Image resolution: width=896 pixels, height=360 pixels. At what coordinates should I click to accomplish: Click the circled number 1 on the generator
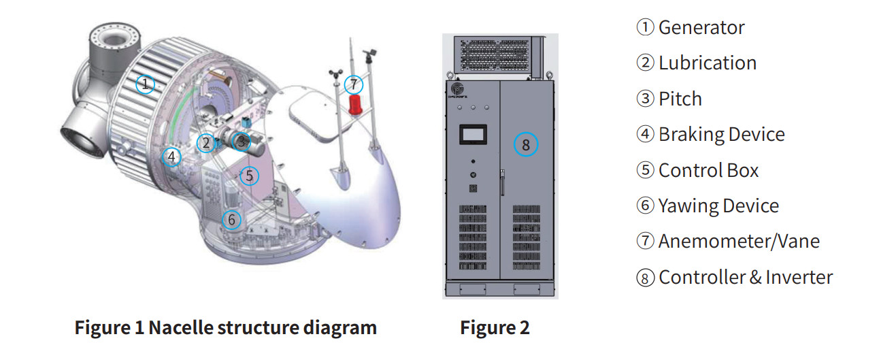144,84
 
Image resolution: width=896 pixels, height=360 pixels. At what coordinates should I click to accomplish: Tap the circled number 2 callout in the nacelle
205,142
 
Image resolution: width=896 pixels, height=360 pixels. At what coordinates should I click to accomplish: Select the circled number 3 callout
240,141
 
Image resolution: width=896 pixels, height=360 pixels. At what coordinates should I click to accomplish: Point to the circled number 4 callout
171,157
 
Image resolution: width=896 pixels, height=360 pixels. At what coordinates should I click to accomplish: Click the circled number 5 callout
249,176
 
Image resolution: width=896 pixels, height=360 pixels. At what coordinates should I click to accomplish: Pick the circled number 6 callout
231,219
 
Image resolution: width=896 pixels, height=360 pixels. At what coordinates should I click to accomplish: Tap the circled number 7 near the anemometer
354,84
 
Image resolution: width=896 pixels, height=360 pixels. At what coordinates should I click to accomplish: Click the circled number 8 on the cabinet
525,144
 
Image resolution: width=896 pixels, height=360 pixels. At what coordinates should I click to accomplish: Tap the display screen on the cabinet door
472,134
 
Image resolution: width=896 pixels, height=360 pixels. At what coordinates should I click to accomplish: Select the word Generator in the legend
701,27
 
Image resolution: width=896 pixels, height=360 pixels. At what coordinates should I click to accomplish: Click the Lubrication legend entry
707,63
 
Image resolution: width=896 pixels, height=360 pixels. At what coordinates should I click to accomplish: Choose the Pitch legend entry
680,99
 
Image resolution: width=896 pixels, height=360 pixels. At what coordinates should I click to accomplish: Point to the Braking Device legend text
721,134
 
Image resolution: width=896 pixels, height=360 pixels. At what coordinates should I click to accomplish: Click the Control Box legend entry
708,170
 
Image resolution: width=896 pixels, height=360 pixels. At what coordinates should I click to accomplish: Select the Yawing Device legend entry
718,206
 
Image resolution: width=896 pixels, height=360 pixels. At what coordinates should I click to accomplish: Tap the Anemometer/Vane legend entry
739,241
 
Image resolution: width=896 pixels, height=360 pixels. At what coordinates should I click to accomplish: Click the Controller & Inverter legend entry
746,277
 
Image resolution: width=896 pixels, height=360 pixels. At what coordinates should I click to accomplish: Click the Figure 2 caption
495,328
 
